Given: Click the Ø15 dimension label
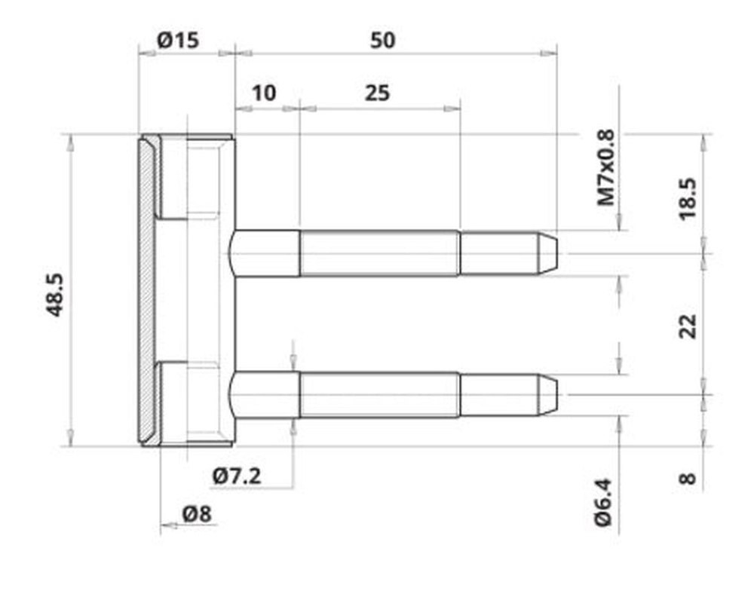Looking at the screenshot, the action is click(178, 41).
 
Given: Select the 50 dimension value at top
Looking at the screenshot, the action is click(383, 41).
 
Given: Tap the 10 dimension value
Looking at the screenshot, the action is click(263, 93).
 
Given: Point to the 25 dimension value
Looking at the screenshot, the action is click(377, 93).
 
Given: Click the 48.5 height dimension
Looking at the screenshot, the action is click(55, 295).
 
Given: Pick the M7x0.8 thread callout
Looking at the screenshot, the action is click(606, 167).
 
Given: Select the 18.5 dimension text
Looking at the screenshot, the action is click(688, 198).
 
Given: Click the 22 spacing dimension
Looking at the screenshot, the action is click(688, 326).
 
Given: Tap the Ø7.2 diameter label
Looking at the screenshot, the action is click(237, 476).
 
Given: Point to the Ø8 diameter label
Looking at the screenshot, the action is click(197, 515).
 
